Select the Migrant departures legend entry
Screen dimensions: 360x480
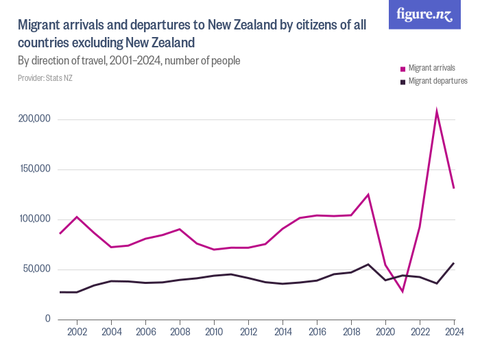(x=433, y=81)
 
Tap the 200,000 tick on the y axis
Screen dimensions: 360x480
(x=35, y=119)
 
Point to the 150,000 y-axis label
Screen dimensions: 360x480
(x=35, y=169)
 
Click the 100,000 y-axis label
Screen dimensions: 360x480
(x=35, y=219)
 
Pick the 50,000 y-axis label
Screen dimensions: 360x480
(x=37, y=269)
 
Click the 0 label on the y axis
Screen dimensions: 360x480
(x=47, y=319)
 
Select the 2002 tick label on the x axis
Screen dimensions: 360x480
(x=77, y=332)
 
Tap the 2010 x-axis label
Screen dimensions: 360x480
(x=214, y=332)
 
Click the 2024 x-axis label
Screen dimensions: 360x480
(x=453, y=332)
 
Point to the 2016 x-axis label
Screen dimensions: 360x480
(x=317, y=332)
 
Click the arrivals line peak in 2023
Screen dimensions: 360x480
(x=437, y=111)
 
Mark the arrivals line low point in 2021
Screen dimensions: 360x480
(x=403, y=291)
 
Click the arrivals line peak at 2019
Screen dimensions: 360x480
(x=368, y=195)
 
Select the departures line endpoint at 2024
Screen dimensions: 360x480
(x=454, y=263)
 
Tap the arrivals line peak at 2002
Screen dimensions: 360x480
(x=77, y=217)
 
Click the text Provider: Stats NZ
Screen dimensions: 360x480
(x=45, y=78)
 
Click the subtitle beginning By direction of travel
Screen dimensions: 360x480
(x=129, y=61)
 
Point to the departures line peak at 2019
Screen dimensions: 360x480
(x=368, y=264)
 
